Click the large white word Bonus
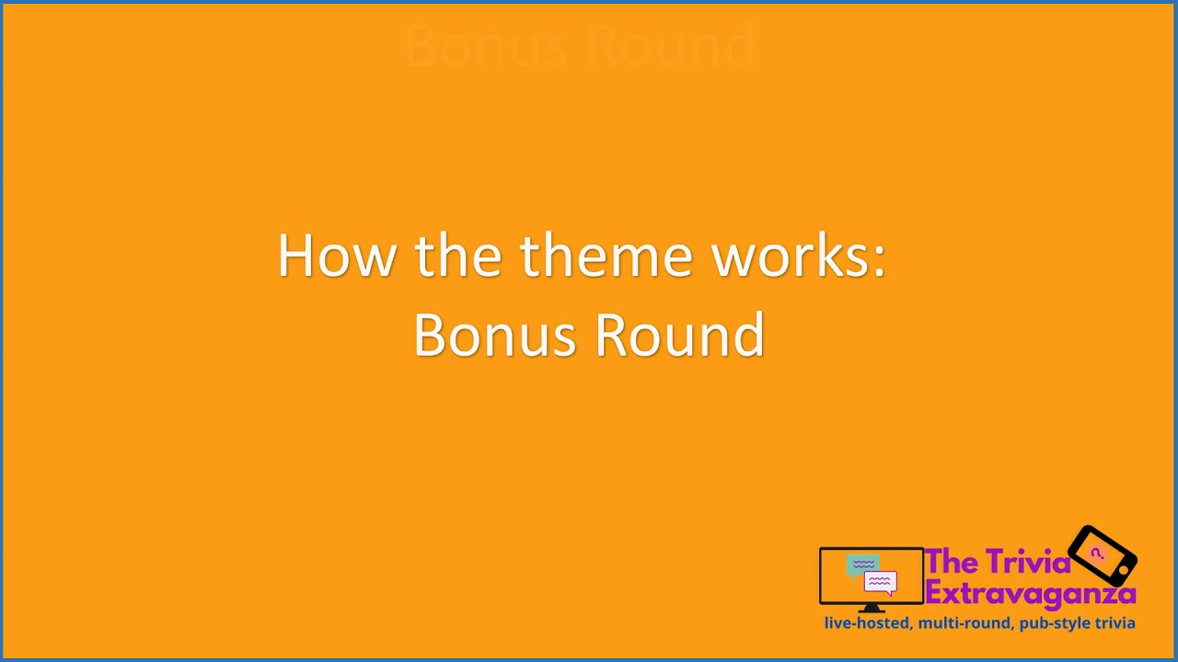click(x=496, y=335)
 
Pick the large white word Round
click(x=679, y=335)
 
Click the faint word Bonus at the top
click(x=485, y=46)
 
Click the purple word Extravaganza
click(x=1030, y=592)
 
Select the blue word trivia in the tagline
click(x=1114, y=623)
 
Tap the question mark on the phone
click(x=1096, y=554)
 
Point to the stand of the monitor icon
click(x=871, y=608)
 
